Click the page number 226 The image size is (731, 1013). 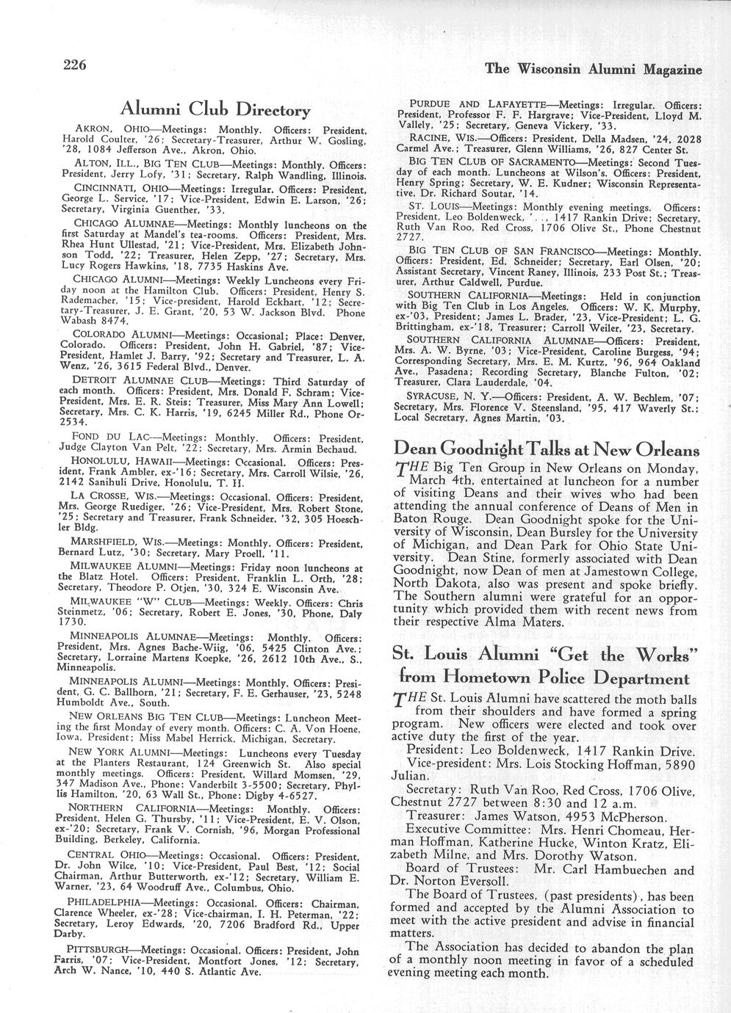75,64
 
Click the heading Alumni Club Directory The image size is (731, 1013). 215,110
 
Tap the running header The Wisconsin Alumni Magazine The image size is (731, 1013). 594,69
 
